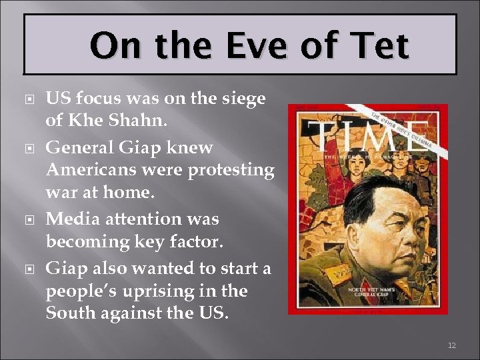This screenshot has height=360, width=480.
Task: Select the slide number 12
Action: (x=451, y=345)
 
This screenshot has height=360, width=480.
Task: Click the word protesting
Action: (x=231, y=171)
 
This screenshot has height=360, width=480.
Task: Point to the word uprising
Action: (x=169, y=291)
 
